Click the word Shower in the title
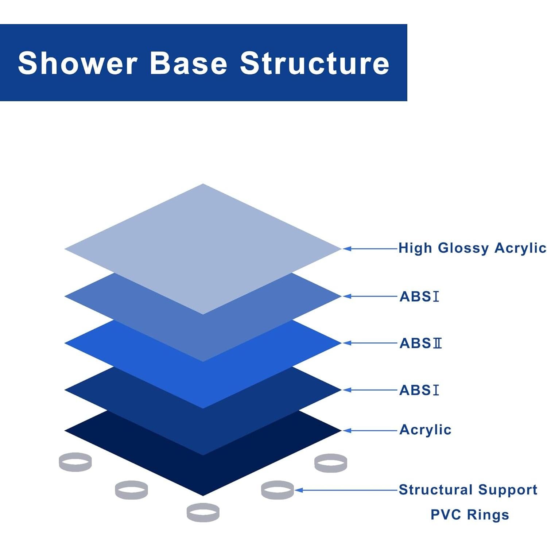click(77, 63)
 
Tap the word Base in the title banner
click(189, 63)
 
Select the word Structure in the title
click(314, 63)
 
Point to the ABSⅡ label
click(420, 343)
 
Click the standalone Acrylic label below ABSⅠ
click(425, 430)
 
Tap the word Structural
click(436, 489)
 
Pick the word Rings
click(488, 515)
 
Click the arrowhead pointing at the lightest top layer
click(347, 249)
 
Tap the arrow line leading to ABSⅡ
click(370, 343)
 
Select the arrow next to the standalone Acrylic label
click(370, 431)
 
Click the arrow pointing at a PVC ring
click(346, 490)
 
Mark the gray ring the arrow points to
click(277, 490)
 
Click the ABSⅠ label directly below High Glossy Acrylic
click(419, 296)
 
